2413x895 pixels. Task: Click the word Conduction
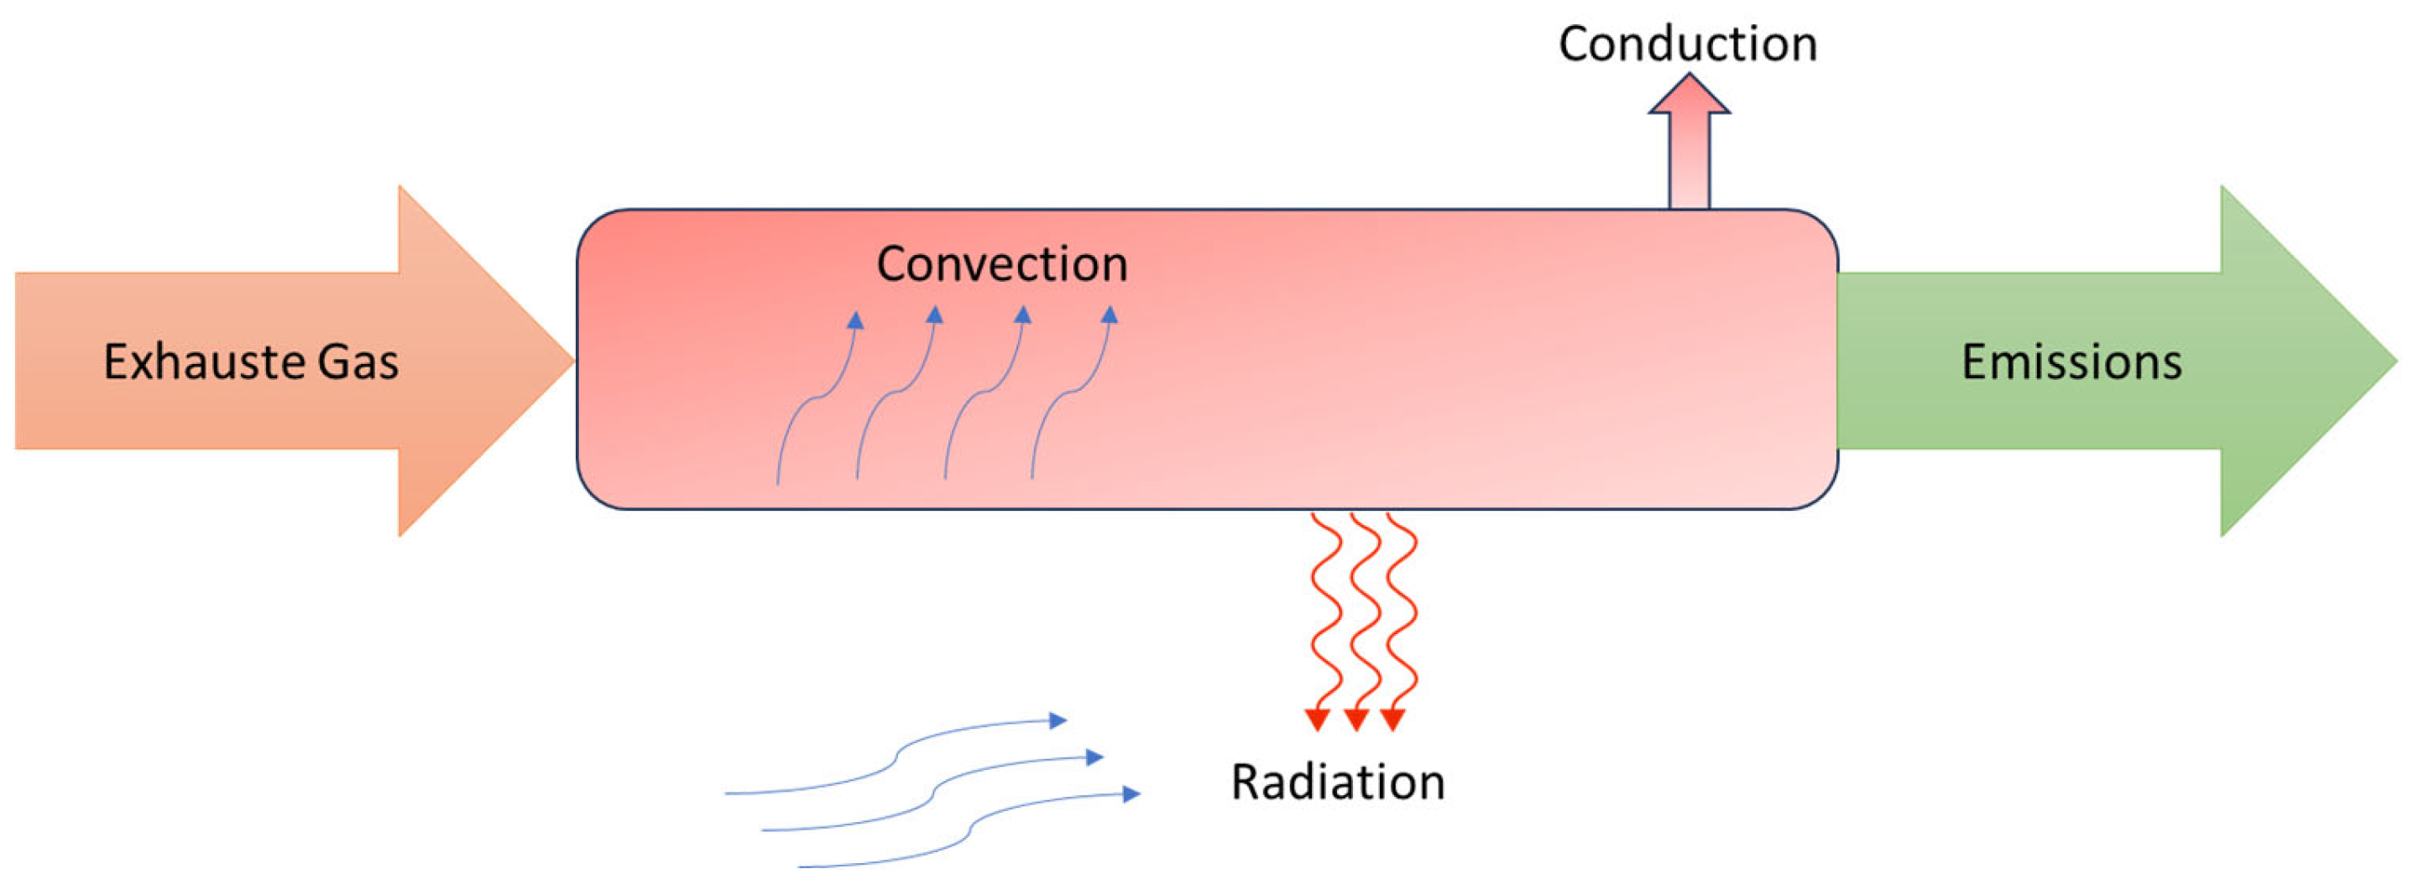(1687, 44)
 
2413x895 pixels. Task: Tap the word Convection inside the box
(1001, 264)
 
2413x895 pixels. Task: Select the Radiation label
(1337, 782)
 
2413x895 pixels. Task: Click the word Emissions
(2071, 362)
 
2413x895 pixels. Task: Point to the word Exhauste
(204, 362)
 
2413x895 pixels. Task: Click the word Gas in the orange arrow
(358, 362)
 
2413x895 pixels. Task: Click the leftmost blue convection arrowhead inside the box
(855, 320)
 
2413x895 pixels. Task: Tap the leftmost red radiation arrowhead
(1318, 720)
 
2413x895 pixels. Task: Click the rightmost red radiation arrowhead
(1393, 720)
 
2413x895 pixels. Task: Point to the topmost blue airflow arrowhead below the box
(1058, 720)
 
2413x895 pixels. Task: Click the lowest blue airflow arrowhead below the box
(1132, 794)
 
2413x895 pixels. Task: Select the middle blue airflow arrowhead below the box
(1095, 757)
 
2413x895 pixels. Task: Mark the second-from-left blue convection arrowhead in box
(935, 315)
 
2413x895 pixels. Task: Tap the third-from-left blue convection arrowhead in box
(1023, 315)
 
